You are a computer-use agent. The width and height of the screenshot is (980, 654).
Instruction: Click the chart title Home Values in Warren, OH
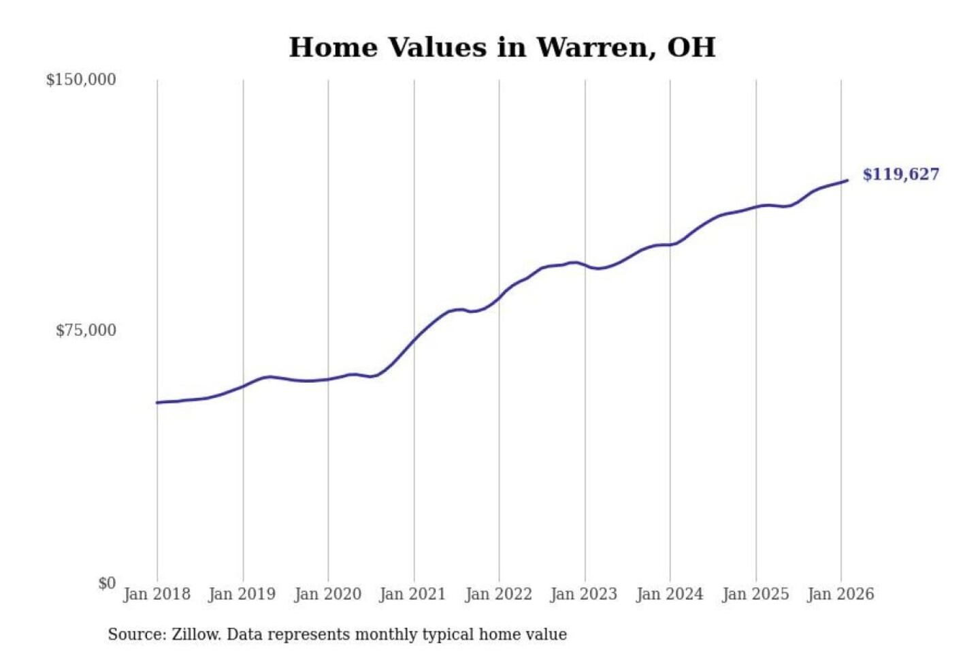(502, 48)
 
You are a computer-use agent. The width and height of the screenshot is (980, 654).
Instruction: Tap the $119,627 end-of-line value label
(900, 174)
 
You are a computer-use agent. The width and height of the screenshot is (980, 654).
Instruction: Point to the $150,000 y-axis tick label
(81, 80)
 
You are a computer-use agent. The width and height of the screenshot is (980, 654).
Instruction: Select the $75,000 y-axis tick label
(86, 330)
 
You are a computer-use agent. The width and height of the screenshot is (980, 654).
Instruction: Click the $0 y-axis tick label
(107, 583)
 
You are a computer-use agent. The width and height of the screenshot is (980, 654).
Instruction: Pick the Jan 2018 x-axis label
(157, 594)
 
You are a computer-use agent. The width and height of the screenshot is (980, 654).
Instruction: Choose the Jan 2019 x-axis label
(242, 594)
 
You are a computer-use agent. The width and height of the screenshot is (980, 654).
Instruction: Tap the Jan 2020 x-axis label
(327, 594)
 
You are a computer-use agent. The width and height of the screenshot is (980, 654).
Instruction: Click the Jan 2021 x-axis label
(412, 594)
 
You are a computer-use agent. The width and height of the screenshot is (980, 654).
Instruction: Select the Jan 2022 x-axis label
(498, 594)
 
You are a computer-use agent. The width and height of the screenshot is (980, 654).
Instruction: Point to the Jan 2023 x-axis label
(584, 594)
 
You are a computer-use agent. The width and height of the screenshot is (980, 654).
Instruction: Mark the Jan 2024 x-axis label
(670, 594)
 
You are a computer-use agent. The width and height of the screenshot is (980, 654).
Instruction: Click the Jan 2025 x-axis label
(755, 594)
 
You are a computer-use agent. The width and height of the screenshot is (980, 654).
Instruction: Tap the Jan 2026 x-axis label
(840, 594)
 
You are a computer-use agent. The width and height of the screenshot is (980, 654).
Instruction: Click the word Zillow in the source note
(196, 634)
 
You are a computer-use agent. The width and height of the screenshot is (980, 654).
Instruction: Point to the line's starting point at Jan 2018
(157, 403)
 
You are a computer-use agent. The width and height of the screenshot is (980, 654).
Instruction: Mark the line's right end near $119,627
(847, 181)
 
